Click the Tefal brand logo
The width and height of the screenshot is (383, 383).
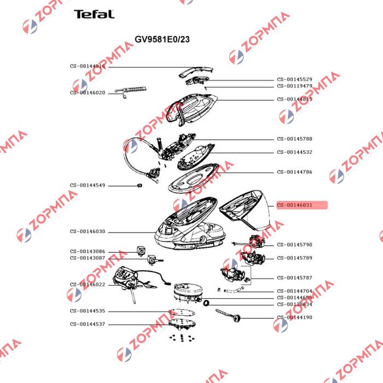(x=94, y=14)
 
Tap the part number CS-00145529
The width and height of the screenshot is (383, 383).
(x=294, y=79)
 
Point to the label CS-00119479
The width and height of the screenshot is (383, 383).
(x=294, y=86)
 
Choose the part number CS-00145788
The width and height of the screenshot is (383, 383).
(x=294, y=139)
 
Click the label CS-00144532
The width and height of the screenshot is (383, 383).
(x=294, y=152)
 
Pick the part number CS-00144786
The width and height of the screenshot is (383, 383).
(x=294, y=172)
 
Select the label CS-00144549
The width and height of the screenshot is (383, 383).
(x=88, y=185)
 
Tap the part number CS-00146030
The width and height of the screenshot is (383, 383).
(x=88, y=231)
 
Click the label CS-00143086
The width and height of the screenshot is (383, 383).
(x=88, y=251)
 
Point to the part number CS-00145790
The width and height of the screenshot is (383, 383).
(x=294, y=245)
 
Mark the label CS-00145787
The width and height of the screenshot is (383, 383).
(x=294, y=277)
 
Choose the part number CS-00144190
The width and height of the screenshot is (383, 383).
(x=294, y=317)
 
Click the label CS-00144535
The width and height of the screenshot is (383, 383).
(x=88, y=311)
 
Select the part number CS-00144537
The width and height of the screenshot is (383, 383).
(x=88, y=324)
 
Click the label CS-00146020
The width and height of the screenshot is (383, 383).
(x=88, y=92)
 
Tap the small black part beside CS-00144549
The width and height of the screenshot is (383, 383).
(x=139, y=185)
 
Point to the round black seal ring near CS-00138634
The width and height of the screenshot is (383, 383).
(x=206, y=303)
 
